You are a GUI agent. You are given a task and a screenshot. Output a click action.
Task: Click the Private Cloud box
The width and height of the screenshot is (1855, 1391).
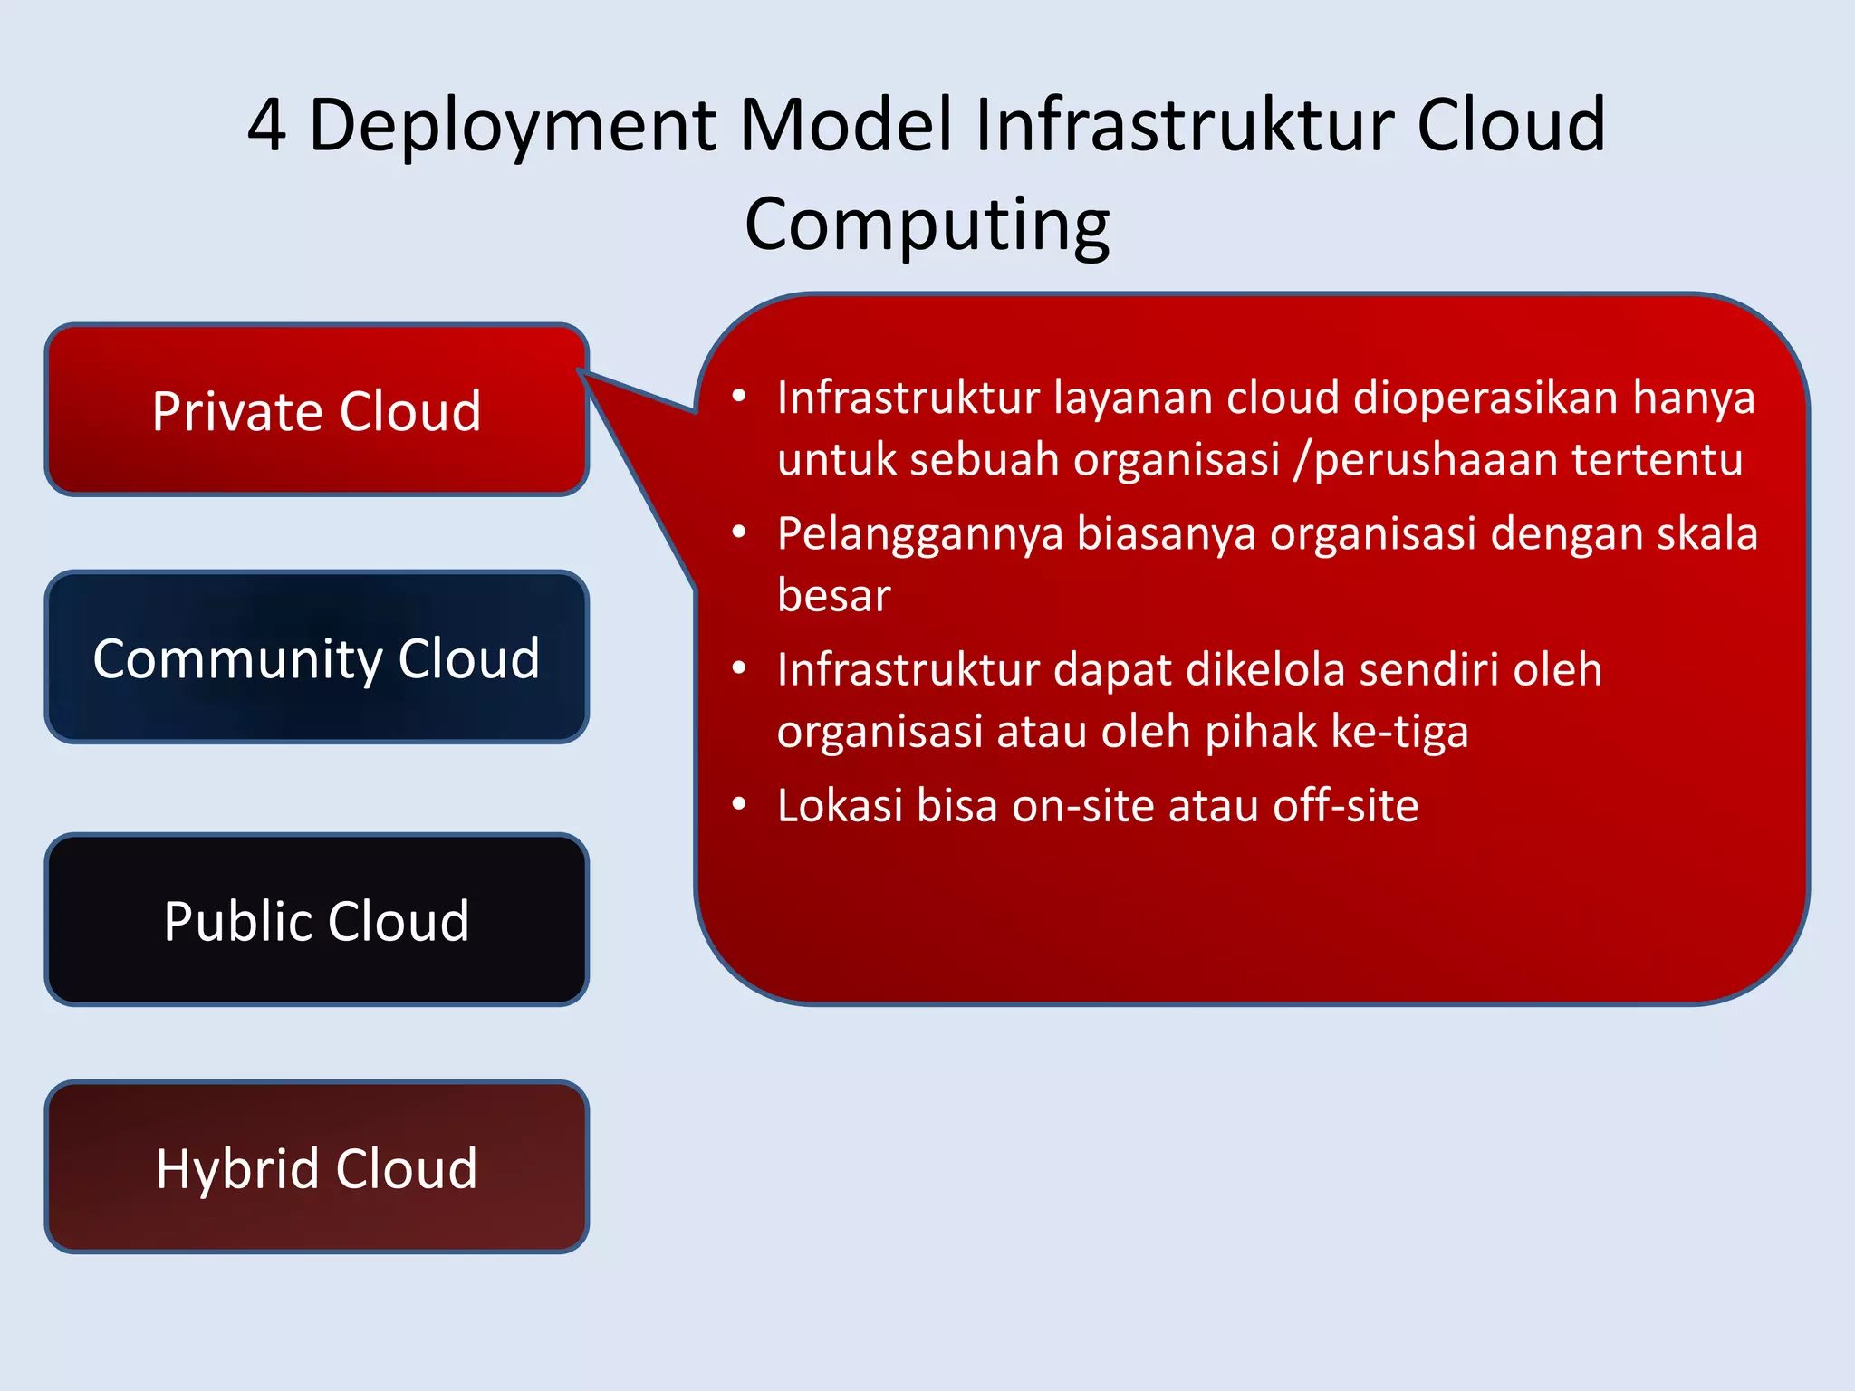(x=316, y=410)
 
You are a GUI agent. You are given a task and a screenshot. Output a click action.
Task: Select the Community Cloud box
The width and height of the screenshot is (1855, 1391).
(x=316, y=657)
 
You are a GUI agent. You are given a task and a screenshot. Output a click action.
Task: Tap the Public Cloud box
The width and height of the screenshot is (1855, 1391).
(x=316, y=920)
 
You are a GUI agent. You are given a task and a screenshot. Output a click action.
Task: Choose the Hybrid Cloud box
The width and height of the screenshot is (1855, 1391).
(x=316, y=1167)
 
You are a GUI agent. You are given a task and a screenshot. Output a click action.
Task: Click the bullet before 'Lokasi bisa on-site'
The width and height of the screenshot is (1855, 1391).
(x=739, y=804)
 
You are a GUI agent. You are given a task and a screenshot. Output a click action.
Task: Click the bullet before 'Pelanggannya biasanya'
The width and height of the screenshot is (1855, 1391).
(x=739, y=532)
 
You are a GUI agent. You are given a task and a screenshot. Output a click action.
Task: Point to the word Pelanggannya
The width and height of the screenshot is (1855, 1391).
(x=919, y=534)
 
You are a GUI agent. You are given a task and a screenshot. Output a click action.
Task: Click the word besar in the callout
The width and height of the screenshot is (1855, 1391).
(x=833, y=596)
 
